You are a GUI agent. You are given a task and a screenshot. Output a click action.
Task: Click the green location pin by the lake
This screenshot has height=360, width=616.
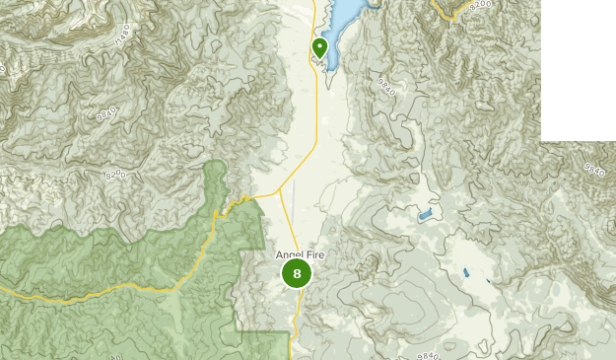pos(319,46)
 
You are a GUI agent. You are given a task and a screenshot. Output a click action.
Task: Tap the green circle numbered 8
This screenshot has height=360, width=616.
pos(297,273)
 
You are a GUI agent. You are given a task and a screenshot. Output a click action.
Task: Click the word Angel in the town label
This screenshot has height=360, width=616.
pos(290,255)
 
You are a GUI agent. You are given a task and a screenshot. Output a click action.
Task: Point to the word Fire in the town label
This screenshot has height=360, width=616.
pos(315,255)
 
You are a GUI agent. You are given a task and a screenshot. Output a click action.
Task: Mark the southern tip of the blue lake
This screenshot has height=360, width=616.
pos(330,67)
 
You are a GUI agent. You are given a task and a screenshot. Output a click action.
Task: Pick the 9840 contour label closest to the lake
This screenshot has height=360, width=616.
pos(385,90)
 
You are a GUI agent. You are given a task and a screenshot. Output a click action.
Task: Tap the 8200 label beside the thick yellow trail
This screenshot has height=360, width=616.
pos(480,6)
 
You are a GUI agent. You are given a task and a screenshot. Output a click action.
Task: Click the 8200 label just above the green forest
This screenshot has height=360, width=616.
pos(116,173)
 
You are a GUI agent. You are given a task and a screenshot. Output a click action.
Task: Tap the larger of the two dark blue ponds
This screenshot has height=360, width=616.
pos(465,272)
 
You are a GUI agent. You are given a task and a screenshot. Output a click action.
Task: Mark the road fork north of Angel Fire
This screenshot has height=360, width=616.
pos(279,190)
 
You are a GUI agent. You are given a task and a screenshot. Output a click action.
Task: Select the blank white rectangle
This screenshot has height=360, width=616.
pos(578,69)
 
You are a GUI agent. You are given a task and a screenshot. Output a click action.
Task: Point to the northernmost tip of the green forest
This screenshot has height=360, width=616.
pos(214,162)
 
